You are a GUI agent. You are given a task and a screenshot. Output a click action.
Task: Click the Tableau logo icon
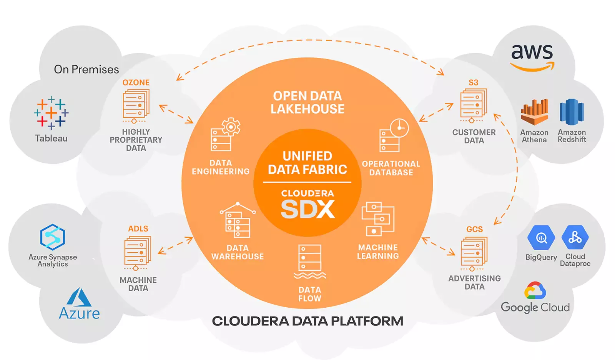pos(52,113)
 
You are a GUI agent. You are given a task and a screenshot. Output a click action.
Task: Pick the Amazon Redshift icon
pos(572,112)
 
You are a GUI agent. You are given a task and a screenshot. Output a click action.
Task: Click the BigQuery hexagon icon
pos(541,237)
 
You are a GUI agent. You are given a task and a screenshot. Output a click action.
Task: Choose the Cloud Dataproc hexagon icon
pos(575,237)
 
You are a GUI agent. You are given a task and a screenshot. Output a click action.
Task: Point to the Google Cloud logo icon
pos(535,290)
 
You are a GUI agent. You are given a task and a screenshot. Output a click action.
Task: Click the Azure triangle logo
pos(79,297)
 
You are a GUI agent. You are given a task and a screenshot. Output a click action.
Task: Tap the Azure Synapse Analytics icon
pos(52,237)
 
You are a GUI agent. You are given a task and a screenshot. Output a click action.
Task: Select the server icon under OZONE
pos(136,106)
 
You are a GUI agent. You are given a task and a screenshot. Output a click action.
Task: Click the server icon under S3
pos(474,105)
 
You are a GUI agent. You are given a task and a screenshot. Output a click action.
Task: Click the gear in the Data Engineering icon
pos(231,127)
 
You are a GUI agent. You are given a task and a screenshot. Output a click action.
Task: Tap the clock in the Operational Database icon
pos(399,128)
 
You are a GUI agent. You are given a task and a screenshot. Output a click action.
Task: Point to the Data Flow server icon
pos(310,262)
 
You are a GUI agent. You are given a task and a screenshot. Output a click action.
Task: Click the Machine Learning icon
pos(378,219)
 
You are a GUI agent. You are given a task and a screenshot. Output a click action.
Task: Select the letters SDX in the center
pos(308,209)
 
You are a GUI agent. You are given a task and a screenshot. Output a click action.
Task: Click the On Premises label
pos(86,70)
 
